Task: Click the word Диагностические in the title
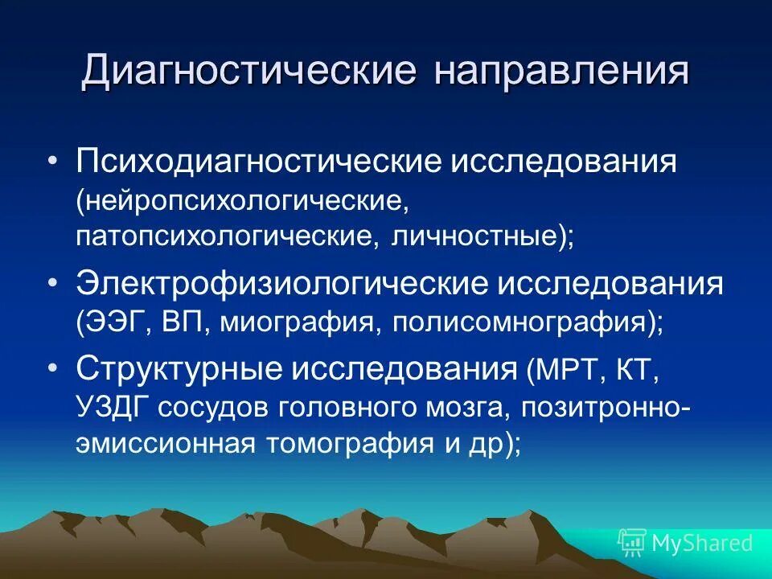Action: point(248,72)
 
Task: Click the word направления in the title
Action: point(562,72)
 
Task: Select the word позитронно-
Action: point(604,407)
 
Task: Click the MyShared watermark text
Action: point(702,543)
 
